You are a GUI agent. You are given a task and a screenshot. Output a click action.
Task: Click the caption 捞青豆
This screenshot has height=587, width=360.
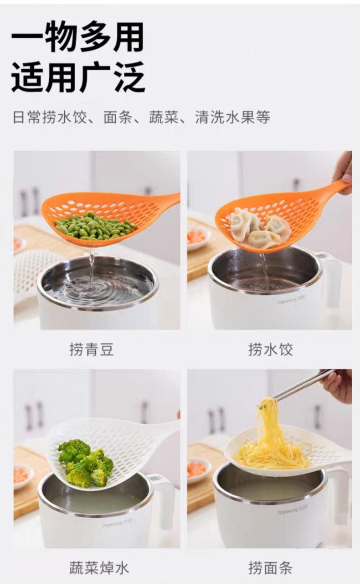click(x=91, y=350)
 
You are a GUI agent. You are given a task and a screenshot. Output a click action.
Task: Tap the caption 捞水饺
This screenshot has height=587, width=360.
click(x=270, y=350)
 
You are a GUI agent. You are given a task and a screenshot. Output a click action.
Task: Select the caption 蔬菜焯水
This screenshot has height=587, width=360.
click(x=98, y=568)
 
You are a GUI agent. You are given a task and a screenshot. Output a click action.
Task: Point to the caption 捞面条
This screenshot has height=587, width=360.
click(x=270, y=568)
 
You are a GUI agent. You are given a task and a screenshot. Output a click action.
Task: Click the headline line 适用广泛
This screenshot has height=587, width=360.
click(x=77, y=77)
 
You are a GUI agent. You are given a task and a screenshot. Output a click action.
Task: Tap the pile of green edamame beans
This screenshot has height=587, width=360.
click(x=95, y=226)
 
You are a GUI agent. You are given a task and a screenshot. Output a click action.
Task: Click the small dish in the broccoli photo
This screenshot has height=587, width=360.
click(x=22, y=476)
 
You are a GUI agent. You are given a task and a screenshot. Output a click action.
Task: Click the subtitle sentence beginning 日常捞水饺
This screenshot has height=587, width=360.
click(x=141, y=117)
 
